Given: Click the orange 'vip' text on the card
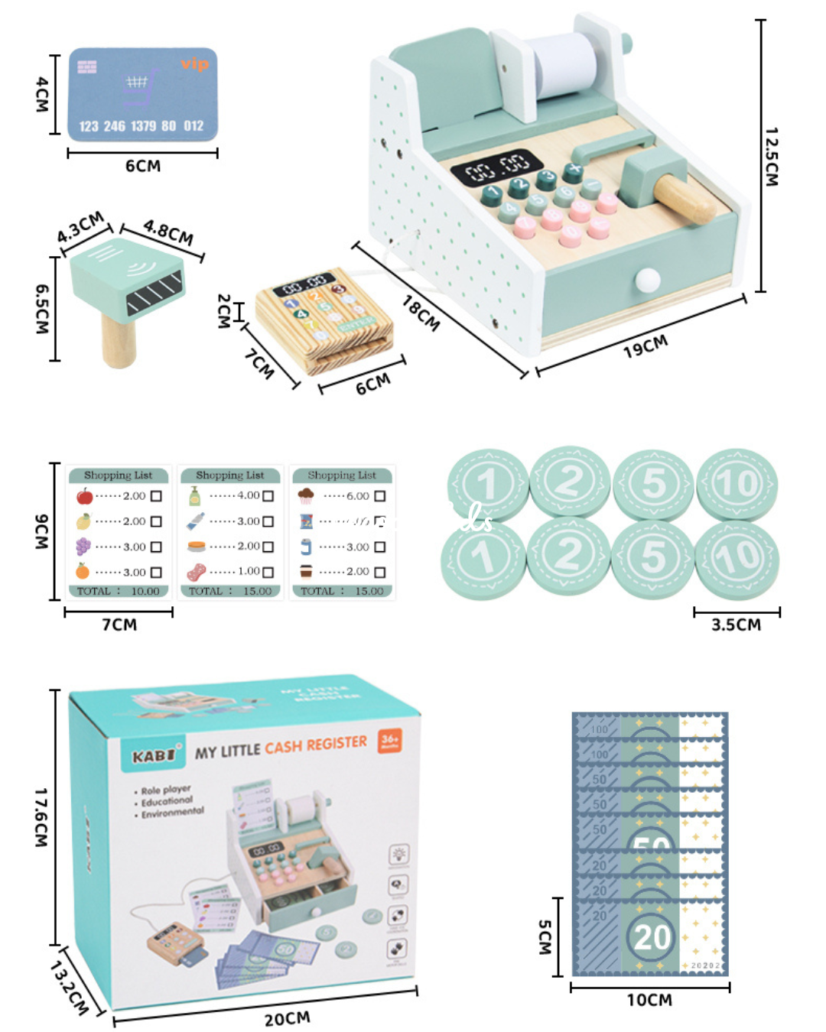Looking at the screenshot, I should pyautogui.click(x=194, y=64).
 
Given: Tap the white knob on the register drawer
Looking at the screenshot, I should pyautogui.click(x=647, y=281).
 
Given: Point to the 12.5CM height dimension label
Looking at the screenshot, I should pyautogui.click(x=772, y=157).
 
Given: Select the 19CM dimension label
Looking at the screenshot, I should pyautogui.click(x=645, y=346).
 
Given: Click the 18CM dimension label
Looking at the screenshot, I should pyautogui.click(x=421, y=313).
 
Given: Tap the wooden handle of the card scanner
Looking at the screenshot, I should pyautogui.click(x=119, y=341).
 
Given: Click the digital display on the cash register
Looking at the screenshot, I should pyautogui.click(x=498, y=166).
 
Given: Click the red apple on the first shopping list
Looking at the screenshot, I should pyautogui.click(x=84, y=496).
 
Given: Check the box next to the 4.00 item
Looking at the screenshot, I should pyautogui.click(x=268, y=496).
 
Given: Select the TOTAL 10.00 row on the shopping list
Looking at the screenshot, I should pyautogui.click(x=119, y=591).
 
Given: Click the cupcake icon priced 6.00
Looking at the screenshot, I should pyautogui.click(x=306, y=495).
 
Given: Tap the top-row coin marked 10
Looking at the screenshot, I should pyautogui.click(x=737, y=483).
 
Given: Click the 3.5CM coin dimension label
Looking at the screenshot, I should pyautogui.click(x=736, y=625).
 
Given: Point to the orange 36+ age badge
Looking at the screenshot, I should pyautogui.click(x=390, y=740).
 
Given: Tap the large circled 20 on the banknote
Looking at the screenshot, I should pyautogui.click(x=651, y=936).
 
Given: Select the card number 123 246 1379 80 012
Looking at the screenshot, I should pyautogui.click(x=141, y=126).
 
